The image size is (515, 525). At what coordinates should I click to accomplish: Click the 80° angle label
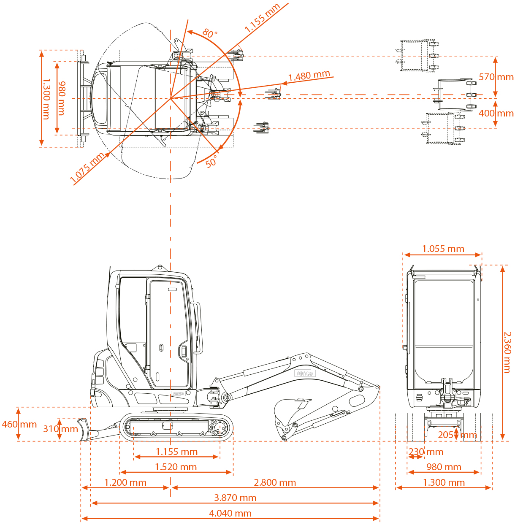pos(210,33)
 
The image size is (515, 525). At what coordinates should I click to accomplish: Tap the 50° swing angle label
pos(211,161)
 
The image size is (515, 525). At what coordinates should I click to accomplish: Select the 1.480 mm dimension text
pos(309,76)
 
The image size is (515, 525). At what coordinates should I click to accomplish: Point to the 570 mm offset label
pos(496,77)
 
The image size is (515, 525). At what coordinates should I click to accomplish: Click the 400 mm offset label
pos(496,113)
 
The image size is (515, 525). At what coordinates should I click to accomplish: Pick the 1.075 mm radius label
pos(87,168)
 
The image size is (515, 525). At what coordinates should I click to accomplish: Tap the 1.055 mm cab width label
pos(443,249)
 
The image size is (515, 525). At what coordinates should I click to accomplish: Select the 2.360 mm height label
pos(507,352)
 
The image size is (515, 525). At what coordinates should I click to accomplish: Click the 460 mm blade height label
pos(19,424)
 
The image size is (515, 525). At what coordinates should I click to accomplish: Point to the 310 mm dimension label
pos(61,429)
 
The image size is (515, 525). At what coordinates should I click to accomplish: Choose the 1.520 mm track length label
pos(176,467)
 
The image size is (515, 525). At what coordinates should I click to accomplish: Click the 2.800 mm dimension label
pos(275,482)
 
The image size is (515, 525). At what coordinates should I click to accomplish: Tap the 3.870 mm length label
pos(235,498)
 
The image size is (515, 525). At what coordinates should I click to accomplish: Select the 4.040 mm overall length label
pos(230,513)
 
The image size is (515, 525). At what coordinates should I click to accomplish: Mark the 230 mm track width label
pos(426,452)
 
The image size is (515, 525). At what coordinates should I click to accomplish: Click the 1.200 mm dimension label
pos(125,482)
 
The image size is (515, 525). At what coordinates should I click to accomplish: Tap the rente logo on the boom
pos(305,373)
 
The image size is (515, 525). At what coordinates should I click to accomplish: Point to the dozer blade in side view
pos(84,430)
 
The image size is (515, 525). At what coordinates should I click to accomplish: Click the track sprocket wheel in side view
pos(220,428)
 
